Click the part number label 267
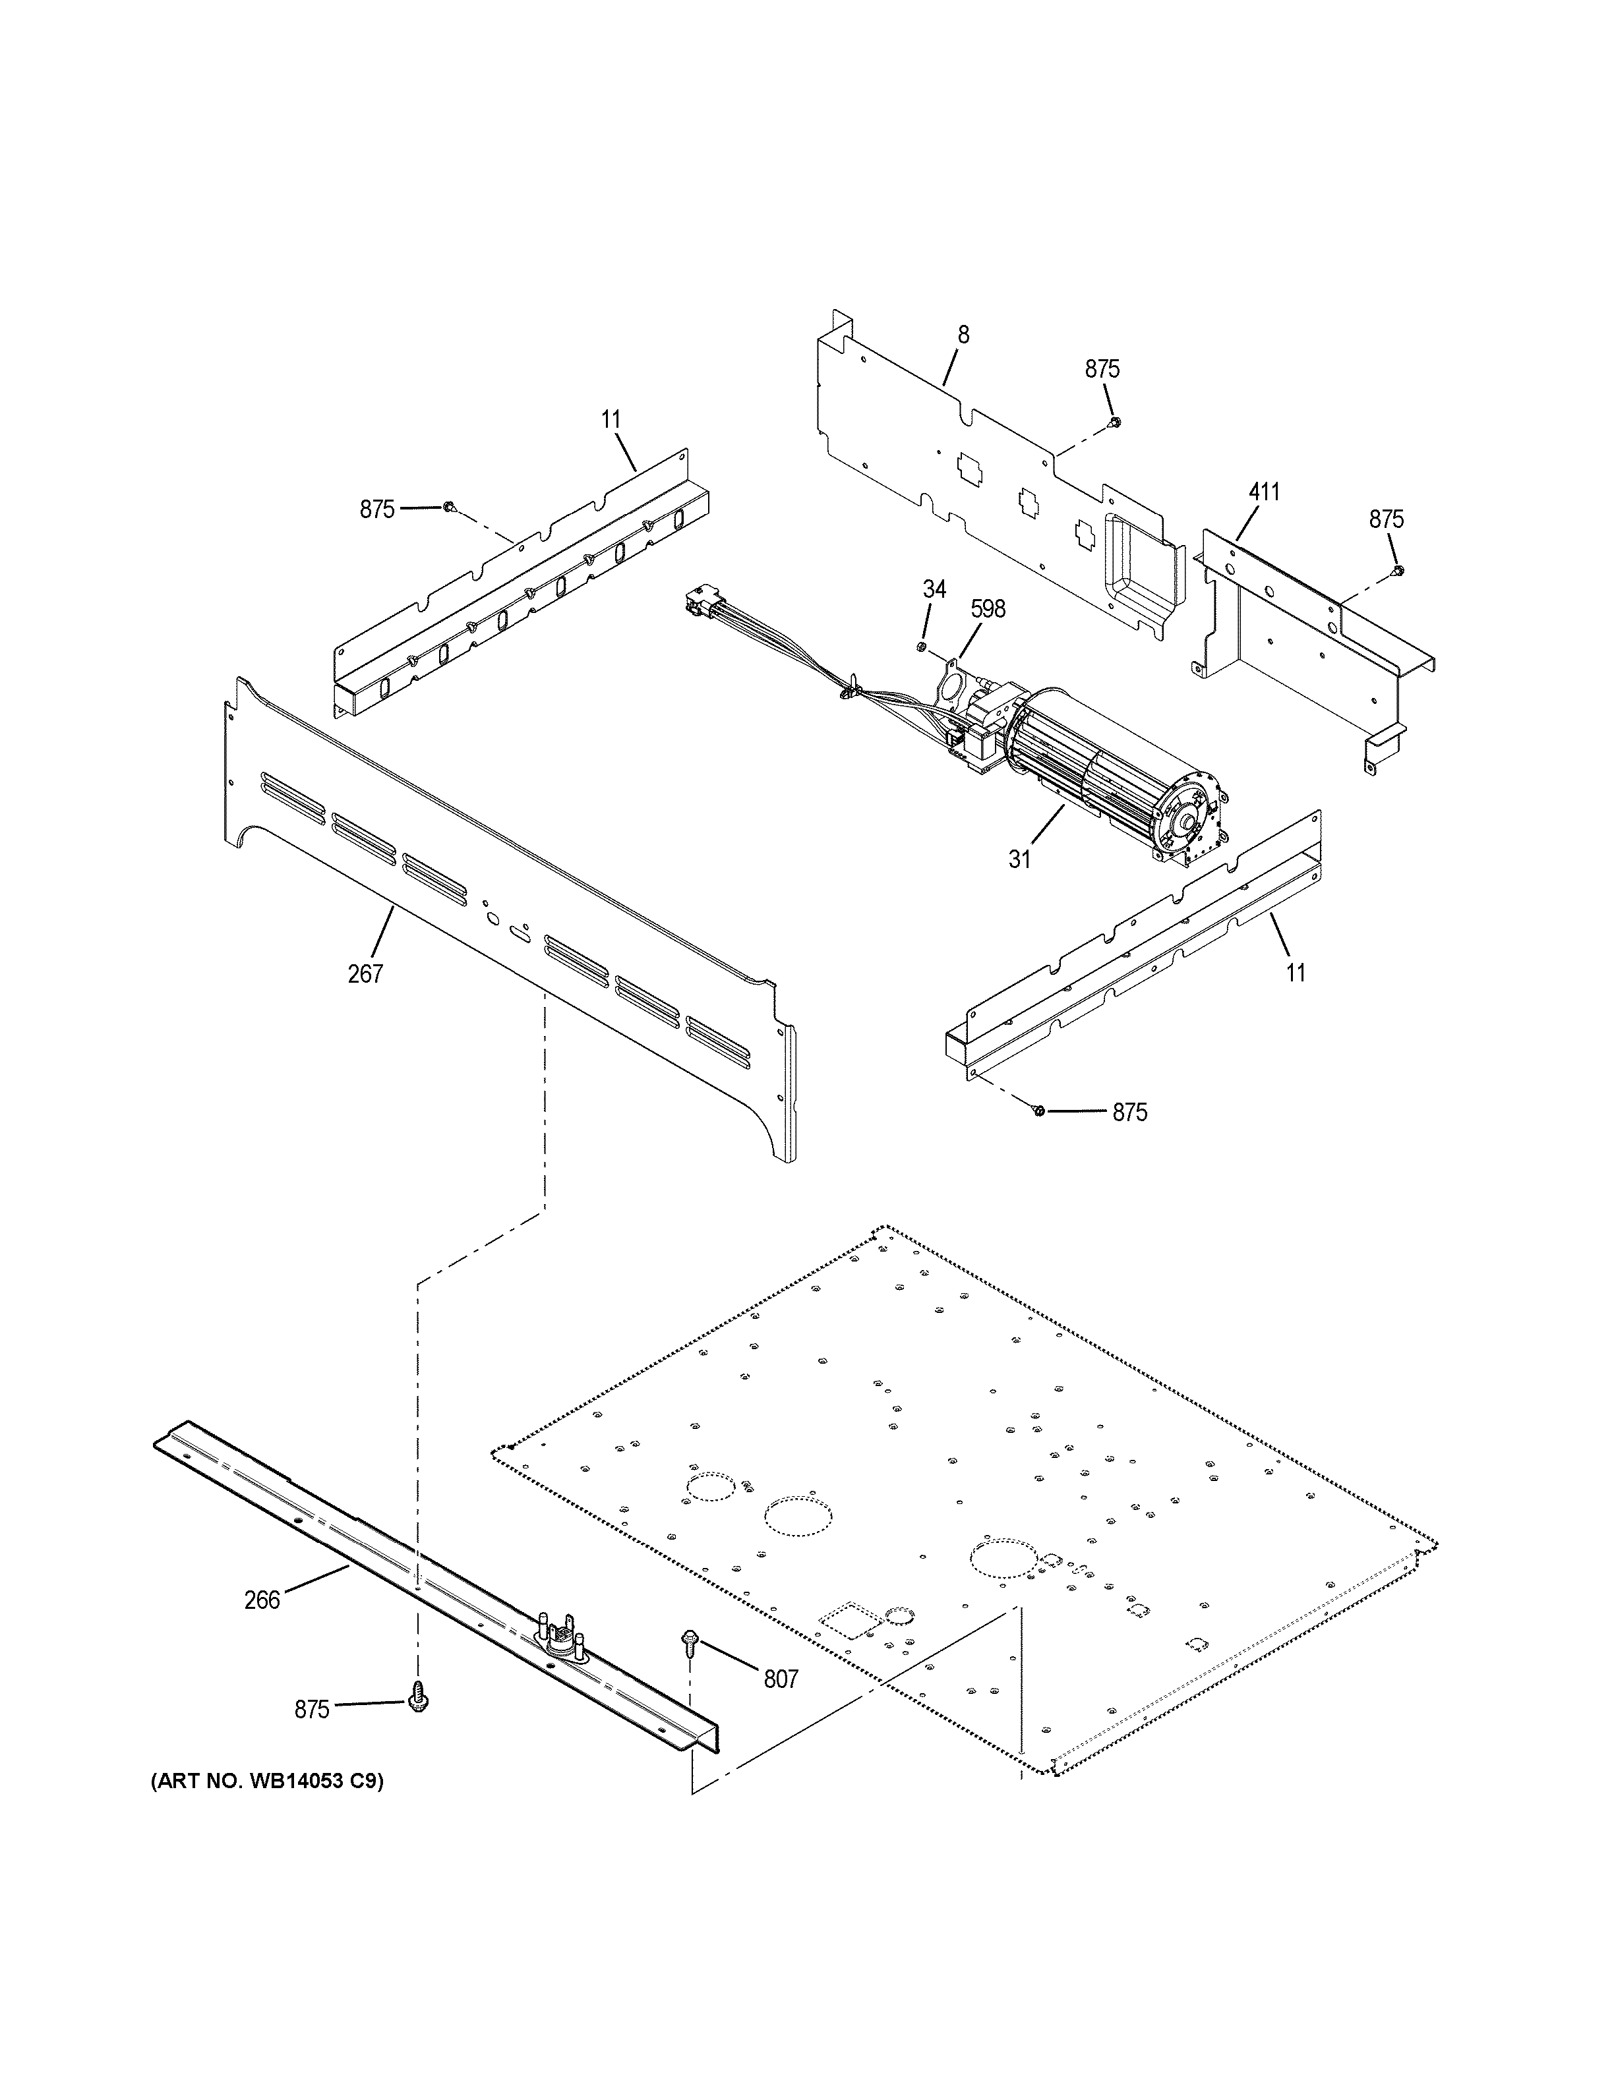tap(365, 974)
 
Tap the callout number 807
tap(780, 1678)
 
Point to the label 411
tap(1263, 492)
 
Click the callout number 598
tap(988, 609)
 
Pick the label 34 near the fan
tap(934, 590)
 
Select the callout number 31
tap(1019, 859)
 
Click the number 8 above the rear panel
tap(963, 335)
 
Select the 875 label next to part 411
tap(1385, 519)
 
